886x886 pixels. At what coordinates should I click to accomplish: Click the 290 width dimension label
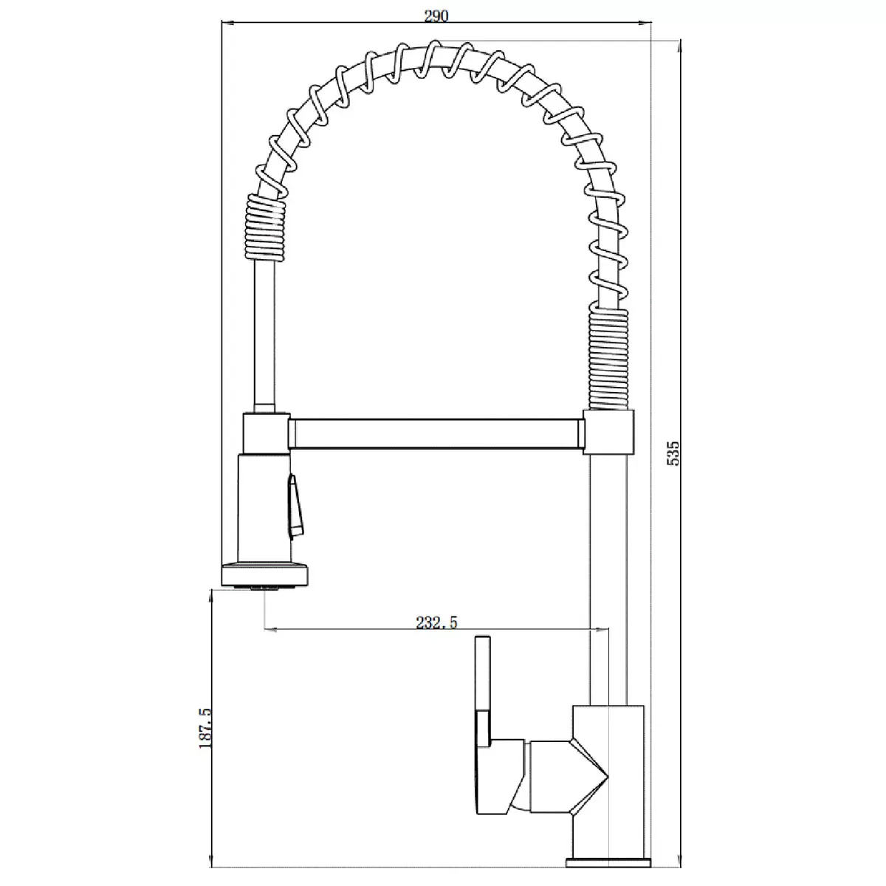pos(437,16)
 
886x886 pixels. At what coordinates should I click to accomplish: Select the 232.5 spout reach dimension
pos(436,622)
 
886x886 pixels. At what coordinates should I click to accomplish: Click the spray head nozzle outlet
pos(264,587)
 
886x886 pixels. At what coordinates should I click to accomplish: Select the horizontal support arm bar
pos(436,434)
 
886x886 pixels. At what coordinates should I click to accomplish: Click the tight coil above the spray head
pos(264,230)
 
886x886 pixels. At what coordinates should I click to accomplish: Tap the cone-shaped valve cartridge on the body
pos(587,775)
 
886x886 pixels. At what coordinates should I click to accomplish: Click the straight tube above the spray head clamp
pos(264,340)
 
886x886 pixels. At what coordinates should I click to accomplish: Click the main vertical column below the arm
pos(608,576)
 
